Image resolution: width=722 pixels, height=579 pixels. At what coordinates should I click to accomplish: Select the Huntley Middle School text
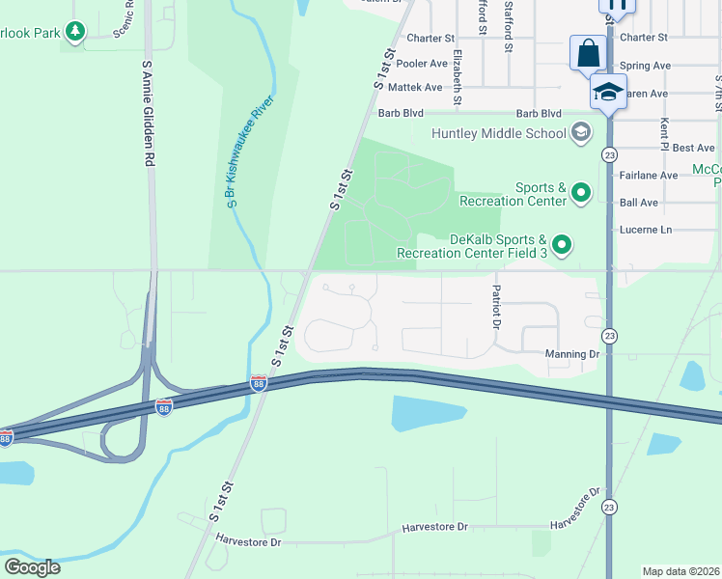click(499, 133)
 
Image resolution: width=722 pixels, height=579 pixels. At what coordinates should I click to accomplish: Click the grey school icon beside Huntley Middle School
click(581, 132)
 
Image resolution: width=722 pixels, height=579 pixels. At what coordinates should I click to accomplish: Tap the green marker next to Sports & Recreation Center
click(581, 195)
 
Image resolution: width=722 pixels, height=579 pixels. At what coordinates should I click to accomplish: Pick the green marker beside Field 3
click(564, 246)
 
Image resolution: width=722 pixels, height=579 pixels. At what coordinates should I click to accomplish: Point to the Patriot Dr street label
click(497, 307)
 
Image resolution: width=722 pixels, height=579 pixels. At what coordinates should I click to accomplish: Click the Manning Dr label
click(571, 354)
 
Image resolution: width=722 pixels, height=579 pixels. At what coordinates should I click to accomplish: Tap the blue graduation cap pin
click(608, 92)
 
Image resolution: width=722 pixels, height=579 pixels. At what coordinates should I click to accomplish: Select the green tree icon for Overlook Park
click(75, 32)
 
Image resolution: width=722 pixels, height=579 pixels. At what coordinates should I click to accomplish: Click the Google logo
click(32, 567)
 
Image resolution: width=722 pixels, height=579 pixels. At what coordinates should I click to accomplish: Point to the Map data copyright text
click(681, 571)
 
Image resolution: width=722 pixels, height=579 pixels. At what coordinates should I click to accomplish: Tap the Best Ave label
click(693, 148)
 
